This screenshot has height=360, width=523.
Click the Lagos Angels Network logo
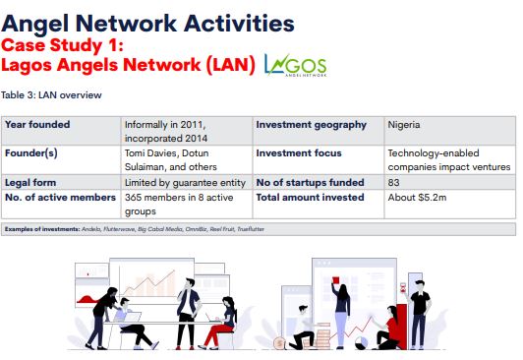[x=296, y=65]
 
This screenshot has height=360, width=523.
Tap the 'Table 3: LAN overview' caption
[x=50, y=95]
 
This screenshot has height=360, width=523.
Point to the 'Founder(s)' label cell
[x=31, y=153]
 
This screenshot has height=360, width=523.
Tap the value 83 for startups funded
[x=394, y=182]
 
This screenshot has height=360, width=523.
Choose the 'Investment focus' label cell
[x=299, y=153]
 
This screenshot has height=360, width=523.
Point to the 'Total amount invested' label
[x=310, y=197]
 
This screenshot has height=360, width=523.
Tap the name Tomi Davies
[x=148, y=153]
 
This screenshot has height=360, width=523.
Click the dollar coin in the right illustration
[x=281, y=342]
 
